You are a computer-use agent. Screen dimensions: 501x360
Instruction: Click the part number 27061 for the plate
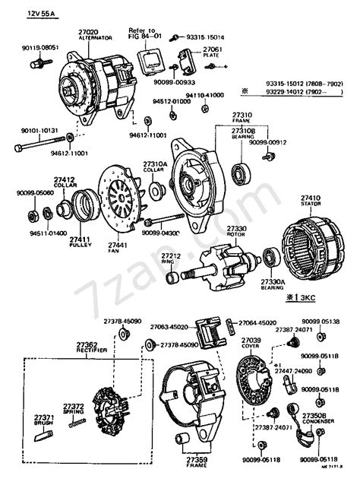point(212,49)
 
